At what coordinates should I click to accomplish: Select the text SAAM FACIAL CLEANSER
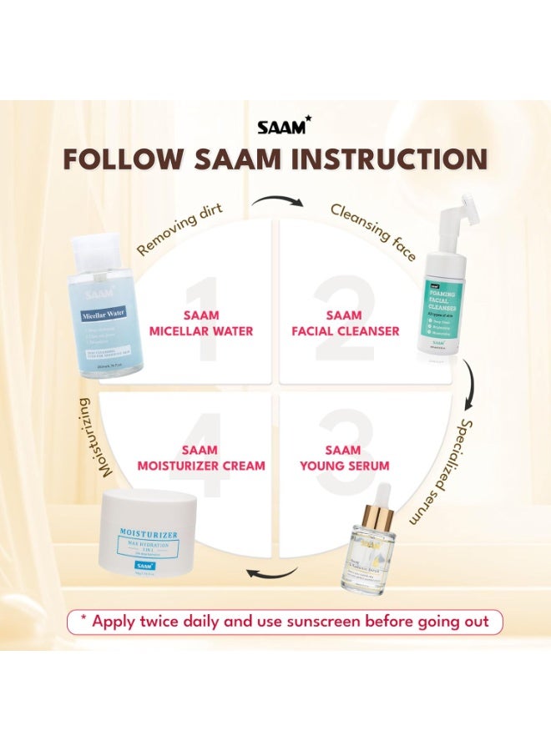(344, 323)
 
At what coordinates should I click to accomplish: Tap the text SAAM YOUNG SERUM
(344, 458)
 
